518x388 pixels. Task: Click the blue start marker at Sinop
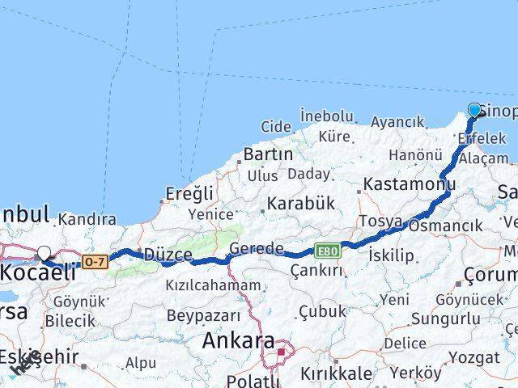coord(474,111)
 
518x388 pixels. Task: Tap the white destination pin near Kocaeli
coord(44,253)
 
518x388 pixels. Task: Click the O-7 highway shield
coord(94,261)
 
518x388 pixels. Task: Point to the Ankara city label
coord(237,340)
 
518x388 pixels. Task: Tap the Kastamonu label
coord(409,184)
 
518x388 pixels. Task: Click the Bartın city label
coord(268,154)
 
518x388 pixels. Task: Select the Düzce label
coord(168,255)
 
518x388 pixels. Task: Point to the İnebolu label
coord(326,116)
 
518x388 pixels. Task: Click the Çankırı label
coord(315,270)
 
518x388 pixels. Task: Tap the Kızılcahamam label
coord(213,285)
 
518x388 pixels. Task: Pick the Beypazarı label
coord(203,315)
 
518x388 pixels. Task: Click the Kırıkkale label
coord(335,373)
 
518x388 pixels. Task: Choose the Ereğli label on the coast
coord(189,193)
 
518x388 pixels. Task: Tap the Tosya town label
coord(380,221)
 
